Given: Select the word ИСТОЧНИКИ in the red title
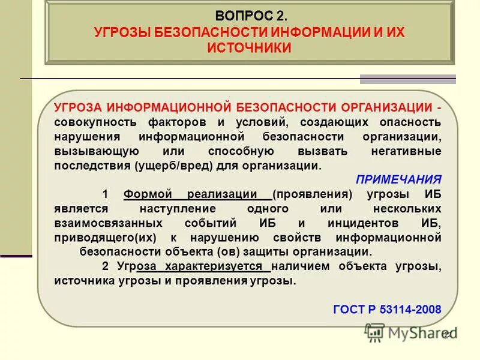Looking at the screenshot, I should click(x=250, y=48).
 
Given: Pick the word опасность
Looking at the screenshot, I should click(x=412, y=122).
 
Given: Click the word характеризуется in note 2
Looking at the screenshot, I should click(x=225, y=266).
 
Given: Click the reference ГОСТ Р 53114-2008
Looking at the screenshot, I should click(x=387, y=310).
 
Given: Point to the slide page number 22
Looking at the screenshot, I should click(x=448, y=335).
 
